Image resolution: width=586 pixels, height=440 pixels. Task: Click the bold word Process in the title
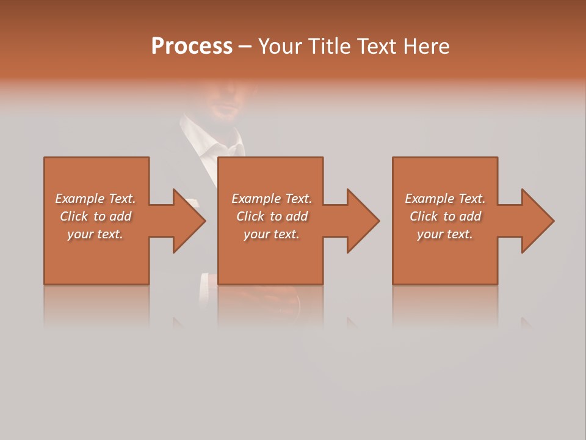[192, 46]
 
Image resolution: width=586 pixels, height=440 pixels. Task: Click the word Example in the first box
[79, 199]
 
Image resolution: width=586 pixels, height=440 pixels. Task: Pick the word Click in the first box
[74, 216]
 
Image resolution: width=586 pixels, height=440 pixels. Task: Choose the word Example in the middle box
[256, 199]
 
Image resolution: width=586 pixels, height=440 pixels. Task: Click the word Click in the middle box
[251, 216]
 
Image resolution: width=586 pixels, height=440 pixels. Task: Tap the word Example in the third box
[429, 199]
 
